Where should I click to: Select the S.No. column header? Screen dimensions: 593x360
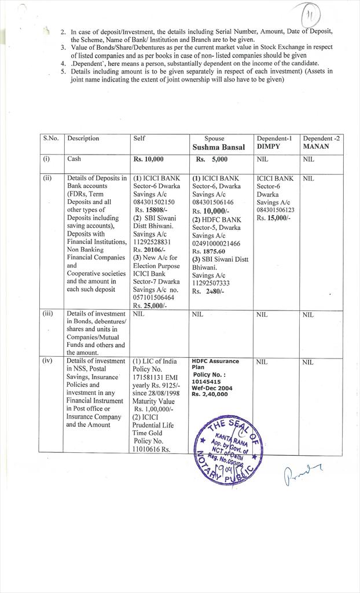coord(50,138)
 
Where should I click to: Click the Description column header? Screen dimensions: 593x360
coord(83,138)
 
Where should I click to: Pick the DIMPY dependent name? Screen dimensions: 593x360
coord(269,147)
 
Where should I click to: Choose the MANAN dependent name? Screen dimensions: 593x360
coord(316,147)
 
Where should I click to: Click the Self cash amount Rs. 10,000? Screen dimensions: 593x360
coord(149,159)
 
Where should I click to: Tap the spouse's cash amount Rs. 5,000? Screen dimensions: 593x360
coord(212,159)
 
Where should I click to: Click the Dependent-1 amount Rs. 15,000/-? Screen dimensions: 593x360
coord(274,218)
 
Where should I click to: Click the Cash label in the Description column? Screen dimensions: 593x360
coord(74,158)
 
